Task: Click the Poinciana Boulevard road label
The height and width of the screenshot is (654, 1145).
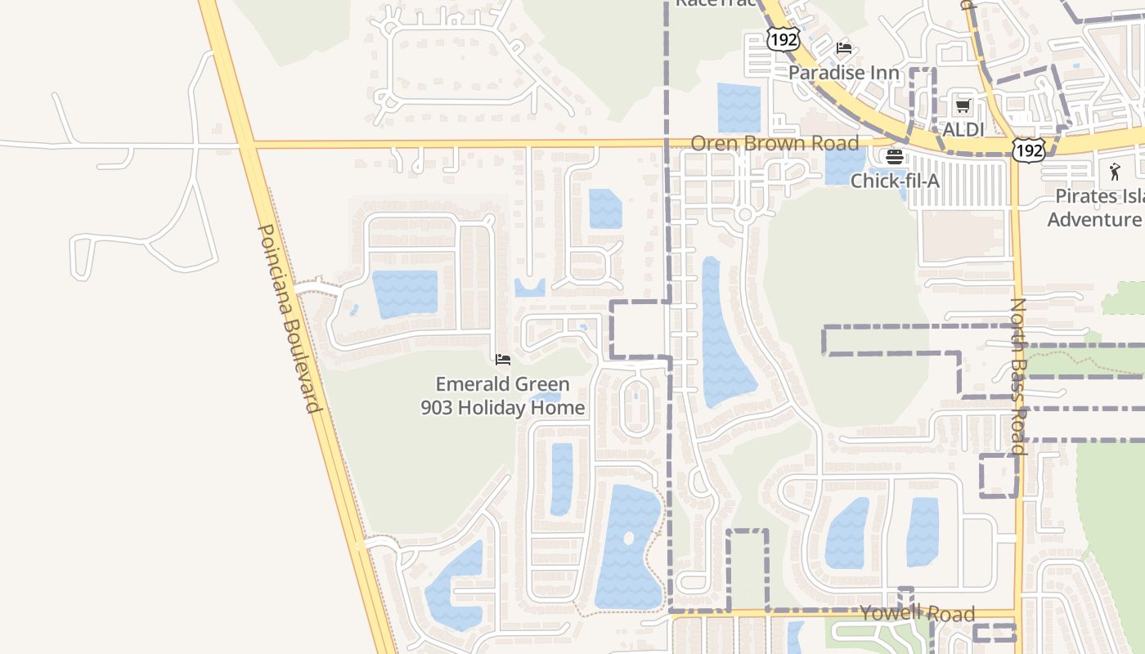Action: click(288, 319)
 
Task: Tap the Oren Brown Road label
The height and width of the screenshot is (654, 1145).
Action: click(775, 143)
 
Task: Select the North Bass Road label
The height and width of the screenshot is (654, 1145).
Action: click(1017, 376)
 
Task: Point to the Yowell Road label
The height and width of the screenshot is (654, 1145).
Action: click(917, 613)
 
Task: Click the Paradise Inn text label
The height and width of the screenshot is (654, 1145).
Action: click(843, 73)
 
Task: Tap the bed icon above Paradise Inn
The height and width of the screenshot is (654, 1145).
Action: click(844, 49)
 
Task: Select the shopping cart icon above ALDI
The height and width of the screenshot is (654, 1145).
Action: click(963, 106)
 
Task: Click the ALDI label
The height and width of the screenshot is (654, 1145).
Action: click(963, 129)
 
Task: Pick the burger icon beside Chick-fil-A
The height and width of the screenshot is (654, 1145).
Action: click(894, 157)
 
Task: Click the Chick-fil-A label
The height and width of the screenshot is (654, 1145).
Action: click(895, 181)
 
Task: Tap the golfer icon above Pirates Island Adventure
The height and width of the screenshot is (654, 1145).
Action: click(1114, 172)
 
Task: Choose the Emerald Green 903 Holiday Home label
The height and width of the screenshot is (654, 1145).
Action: click(503, 396)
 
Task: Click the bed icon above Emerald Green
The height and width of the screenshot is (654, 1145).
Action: click(503, 359)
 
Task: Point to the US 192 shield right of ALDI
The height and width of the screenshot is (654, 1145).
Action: click(1027, 150)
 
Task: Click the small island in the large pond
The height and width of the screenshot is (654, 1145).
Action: click(628, 539)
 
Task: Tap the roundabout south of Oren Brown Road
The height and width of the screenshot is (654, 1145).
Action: click(744, 216)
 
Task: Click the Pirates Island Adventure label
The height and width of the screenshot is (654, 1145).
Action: click(1096, 208)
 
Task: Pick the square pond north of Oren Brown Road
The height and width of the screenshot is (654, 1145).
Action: click(739, 107)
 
